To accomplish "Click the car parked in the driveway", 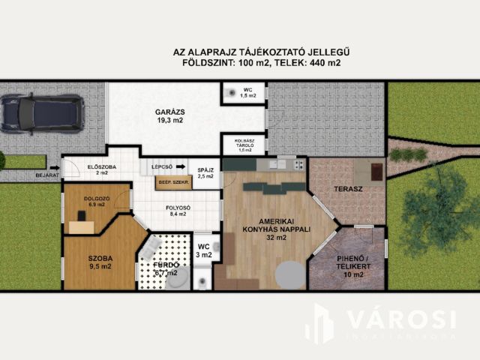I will tap(42, 113).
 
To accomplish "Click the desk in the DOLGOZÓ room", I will tap(82, 225).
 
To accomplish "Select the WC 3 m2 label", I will tap(204, 250).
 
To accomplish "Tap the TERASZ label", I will tap(347, 189).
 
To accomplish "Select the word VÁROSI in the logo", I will tap(400, 319).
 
